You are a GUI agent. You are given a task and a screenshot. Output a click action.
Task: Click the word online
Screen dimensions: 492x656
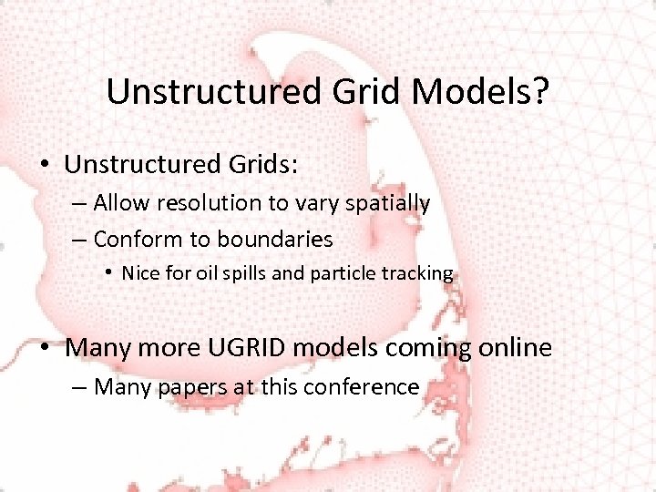click(x=511, y=348)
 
